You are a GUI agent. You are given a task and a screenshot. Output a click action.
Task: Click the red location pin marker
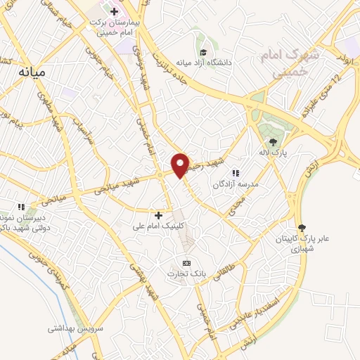pyautogui.click(x=181, y=165)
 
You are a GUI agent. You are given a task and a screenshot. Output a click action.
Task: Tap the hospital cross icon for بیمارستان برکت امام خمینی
pyautogui.click(x=115, y=11)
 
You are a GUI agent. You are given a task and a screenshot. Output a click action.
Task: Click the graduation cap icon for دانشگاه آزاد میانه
pyautogui.click(x=203, y=53)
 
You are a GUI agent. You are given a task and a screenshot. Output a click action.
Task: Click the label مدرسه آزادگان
pyautogui.click(x=236, y=184)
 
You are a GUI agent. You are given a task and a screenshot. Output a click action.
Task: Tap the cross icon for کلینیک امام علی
pyautogui.click(x=158, y=215)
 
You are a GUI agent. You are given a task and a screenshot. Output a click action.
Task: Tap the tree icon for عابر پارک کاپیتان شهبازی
pyautogui.click(x=302, y=227)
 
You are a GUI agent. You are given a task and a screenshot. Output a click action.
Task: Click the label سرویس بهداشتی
pyautogui.click(x=76, y=328)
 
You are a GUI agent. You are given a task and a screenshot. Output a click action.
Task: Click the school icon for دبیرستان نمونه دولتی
pyautogui.click(x=22, y=207)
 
